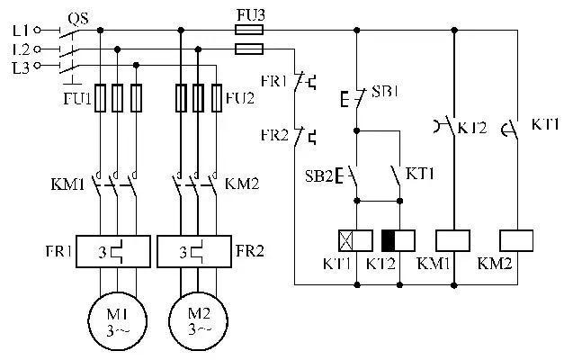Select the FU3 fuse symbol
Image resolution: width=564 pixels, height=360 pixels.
tap(248, 29)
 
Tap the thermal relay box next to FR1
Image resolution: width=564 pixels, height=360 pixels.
tap(114, 249)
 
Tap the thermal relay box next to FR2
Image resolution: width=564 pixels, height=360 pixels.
tap(197, 249)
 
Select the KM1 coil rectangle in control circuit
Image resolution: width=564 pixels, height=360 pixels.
tap(453, 240)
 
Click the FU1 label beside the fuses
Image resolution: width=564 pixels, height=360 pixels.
tap(77, 97)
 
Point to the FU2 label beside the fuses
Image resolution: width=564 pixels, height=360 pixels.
tap(239, 97)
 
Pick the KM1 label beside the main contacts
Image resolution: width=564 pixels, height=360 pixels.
tap(68, 184)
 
